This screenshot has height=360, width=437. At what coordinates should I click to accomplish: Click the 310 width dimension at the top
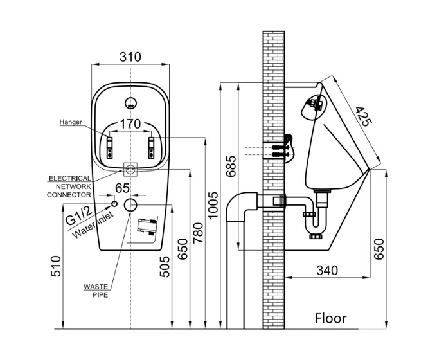tap(130, 57)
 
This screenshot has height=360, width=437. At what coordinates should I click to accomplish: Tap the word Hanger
tap(70, 122)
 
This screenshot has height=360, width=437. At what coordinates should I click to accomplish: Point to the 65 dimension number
tap(123, 188)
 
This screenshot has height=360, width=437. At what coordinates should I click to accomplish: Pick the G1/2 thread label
tap(78, 212)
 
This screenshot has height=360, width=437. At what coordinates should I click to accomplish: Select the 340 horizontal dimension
tap(327, 271)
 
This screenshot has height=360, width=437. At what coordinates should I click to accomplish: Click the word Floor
tap(330, 318)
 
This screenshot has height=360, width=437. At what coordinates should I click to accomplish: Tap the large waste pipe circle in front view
tap(130, 205)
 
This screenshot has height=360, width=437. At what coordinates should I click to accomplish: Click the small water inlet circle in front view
tap(115, 203)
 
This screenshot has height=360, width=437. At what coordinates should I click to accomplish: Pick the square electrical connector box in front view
tap(130, 170)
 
